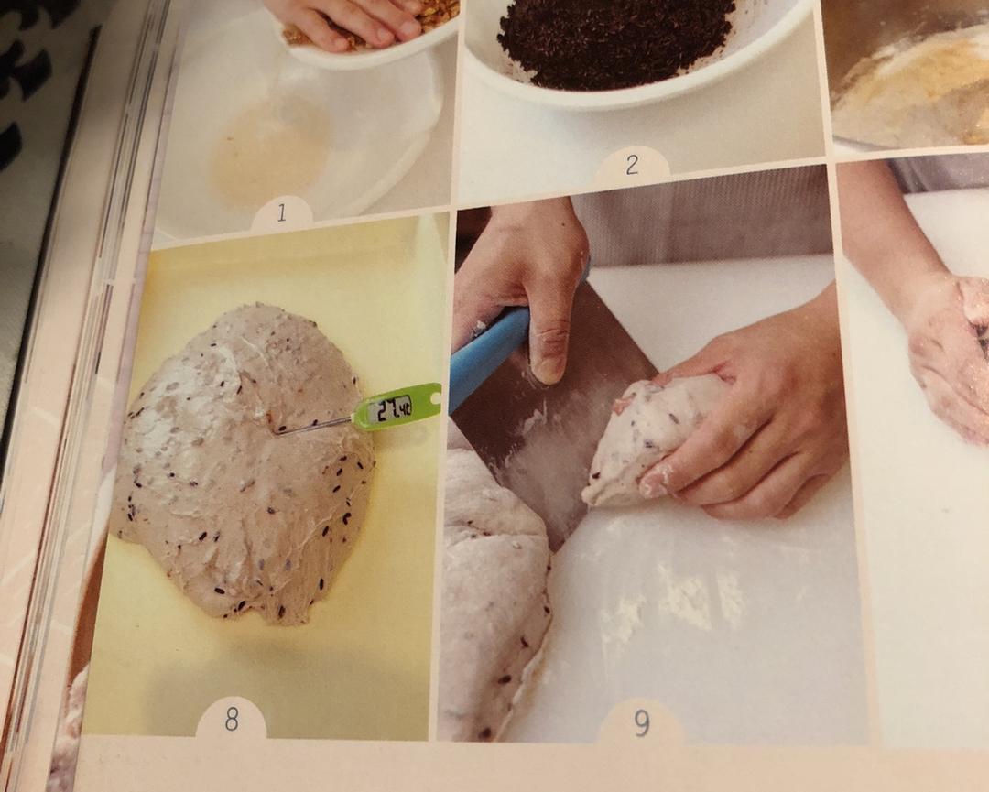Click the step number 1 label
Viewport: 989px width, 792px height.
pos(281,213)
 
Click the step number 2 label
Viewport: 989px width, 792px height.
pos(632,165)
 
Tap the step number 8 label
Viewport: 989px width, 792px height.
pos(232,720)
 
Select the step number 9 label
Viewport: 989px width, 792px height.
pos(641,723)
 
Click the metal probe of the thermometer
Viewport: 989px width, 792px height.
pos(313,427)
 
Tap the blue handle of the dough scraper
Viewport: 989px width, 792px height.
pos(487,356)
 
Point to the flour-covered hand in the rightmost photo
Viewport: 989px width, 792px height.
pos(946,353)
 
